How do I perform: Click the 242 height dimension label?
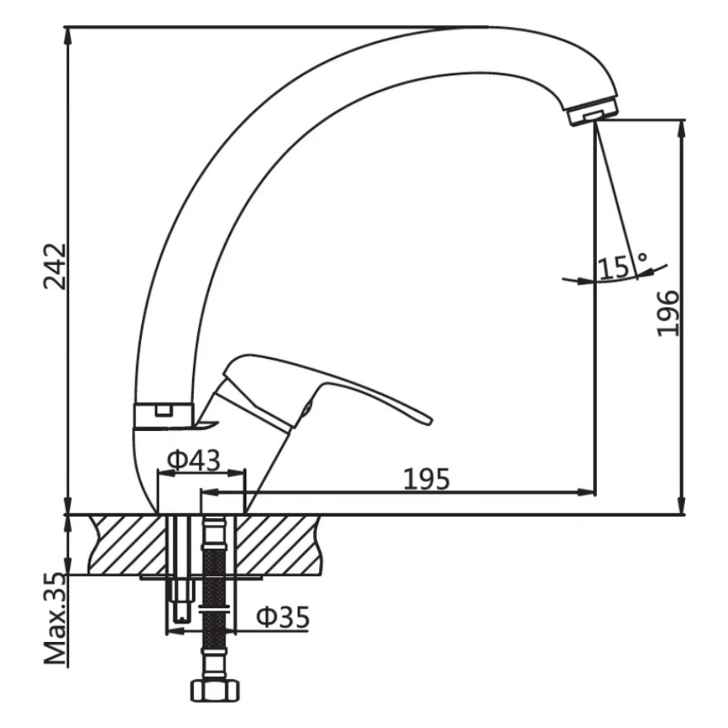click(x=55, y=266)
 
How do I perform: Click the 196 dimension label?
click(x=667, y=313)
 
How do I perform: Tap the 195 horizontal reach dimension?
click(x=427, y=479)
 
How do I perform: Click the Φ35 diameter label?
click(x=282, y=617)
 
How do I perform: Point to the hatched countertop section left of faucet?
click(x=124, y=544)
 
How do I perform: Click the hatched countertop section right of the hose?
click(x=277, y=544)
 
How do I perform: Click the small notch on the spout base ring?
click(x=165, y=409)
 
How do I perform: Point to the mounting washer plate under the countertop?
click(x=200, y=577)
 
